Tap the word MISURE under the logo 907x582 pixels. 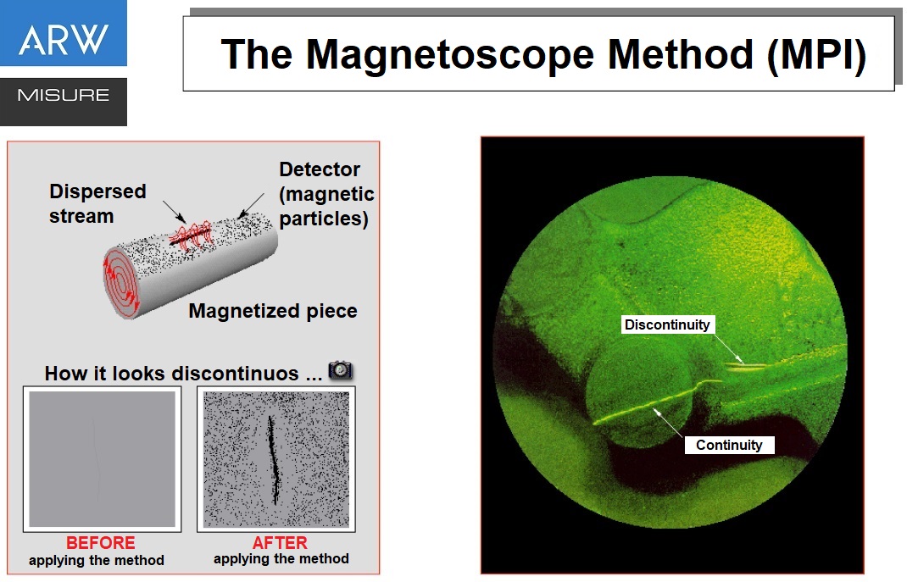[64, 95]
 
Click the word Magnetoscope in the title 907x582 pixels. [450, 55]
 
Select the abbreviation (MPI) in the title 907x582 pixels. [816, 55]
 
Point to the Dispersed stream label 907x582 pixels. [97, 203]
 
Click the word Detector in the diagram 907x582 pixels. [320, 169]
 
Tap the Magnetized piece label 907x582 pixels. [272, 311]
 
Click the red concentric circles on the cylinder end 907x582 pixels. [121, 283]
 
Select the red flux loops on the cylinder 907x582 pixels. [191, 236]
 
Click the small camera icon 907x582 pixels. [340, 370]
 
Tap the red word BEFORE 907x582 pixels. [101, 543]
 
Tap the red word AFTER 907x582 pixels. [280, 543]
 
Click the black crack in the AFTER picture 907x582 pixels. [273, 460]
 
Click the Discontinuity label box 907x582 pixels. [667, 324]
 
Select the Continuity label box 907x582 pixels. [729, 445]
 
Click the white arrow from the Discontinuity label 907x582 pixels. [727, 349]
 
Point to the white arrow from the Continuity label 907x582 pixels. [668, 422]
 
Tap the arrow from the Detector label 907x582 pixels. [251, 205]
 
